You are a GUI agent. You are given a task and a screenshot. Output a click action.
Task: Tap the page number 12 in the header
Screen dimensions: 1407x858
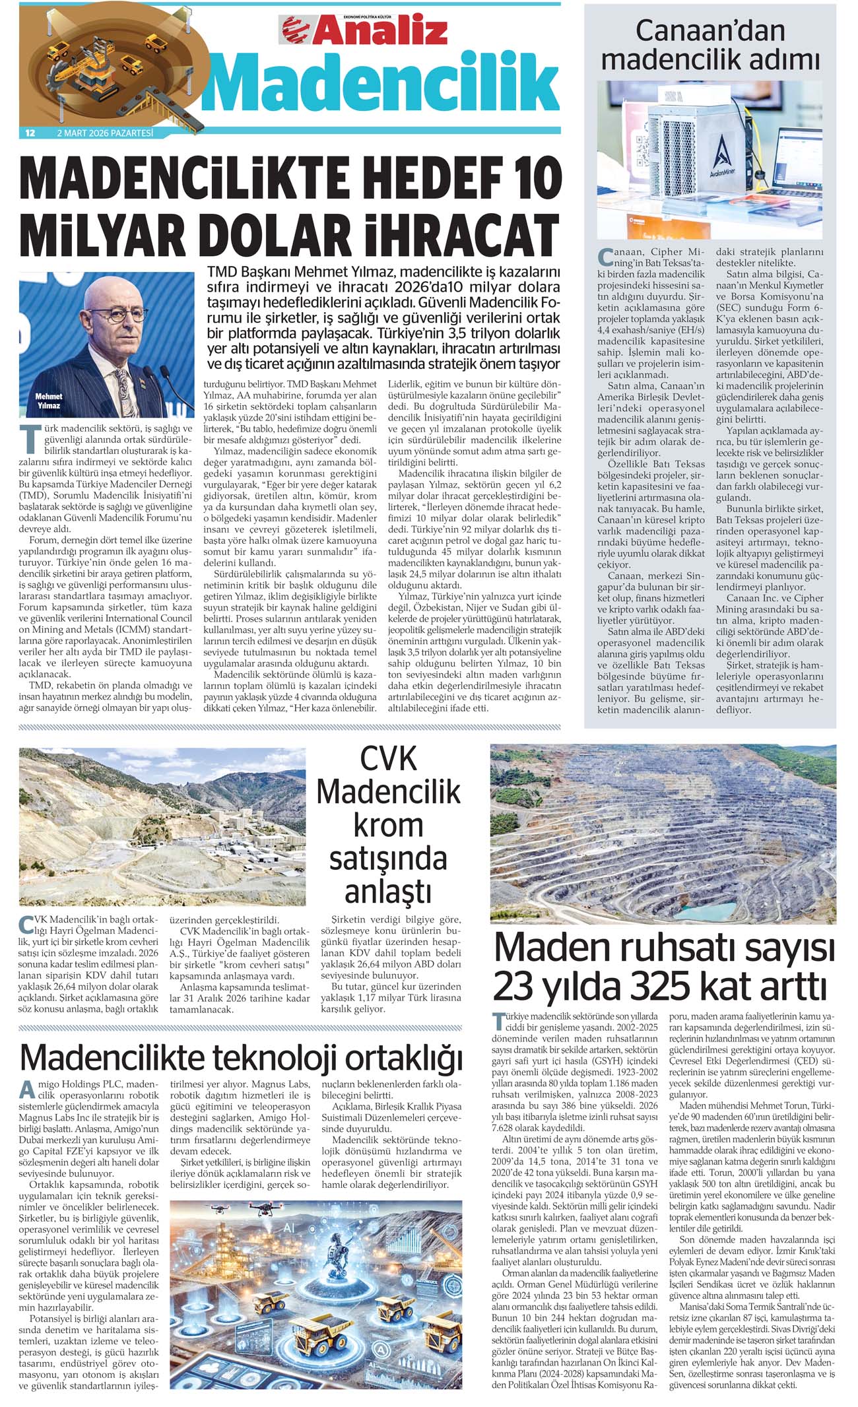[30, 133]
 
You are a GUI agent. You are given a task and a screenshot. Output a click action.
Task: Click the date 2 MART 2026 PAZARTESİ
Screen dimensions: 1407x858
[105, 133]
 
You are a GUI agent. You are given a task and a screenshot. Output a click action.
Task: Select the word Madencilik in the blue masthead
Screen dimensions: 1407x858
[381, 82]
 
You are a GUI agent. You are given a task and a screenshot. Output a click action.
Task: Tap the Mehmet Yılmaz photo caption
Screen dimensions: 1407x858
[49, 401]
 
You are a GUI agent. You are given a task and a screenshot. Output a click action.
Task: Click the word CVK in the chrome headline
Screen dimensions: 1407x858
[388, 758]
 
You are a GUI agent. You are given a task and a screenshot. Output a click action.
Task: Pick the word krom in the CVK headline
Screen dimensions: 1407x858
[388, 825]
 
